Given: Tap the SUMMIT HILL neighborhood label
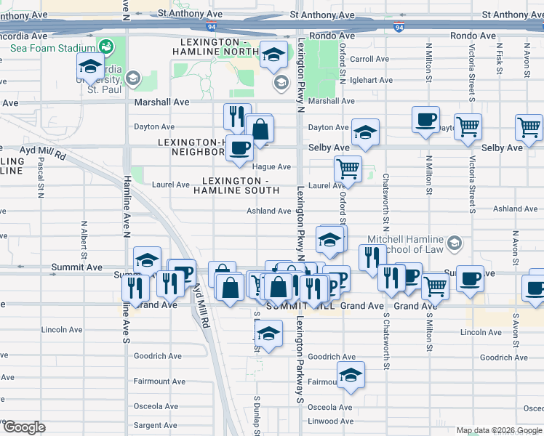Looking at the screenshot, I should tap(301, 307).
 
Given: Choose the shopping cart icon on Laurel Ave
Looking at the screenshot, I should tap(348, 169).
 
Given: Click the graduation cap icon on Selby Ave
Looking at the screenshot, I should tap(365, 132).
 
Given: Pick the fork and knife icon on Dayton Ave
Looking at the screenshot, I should tap(236, 116).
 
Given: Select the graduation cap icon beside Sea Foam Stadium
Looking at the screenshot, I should tap(90, 67).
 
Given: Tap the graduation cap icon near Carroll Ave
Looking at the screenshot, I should tap(274, 54).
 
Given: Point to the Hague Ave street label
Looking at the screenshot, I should tap(273, 167).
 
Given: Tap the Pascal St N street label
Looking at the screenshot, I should tap(40, 179).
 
